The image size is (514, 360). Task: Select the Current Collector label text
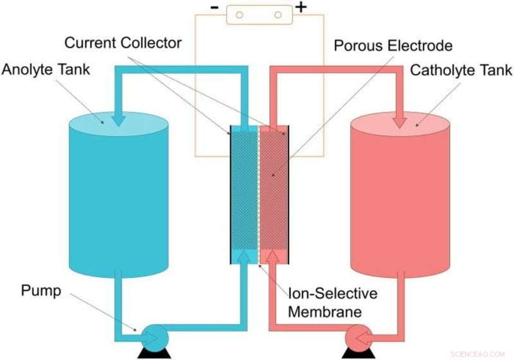click(123, 44)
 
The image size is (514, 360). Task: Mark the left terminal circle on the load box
click(238, 14)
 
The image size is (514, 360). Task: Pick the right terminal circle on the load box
click(278, 14)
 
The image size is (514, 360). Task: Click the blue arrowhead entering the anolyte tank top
click(120, 120)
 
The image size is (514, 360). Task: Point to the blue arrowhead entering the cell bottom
click(244, 256)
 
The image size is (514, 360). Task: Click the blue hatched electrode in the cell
click(244, 193)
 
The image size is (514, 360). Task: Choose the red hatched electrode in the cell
click(272, 193)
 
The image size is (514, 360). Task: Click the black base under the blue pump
click(154, 353)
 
